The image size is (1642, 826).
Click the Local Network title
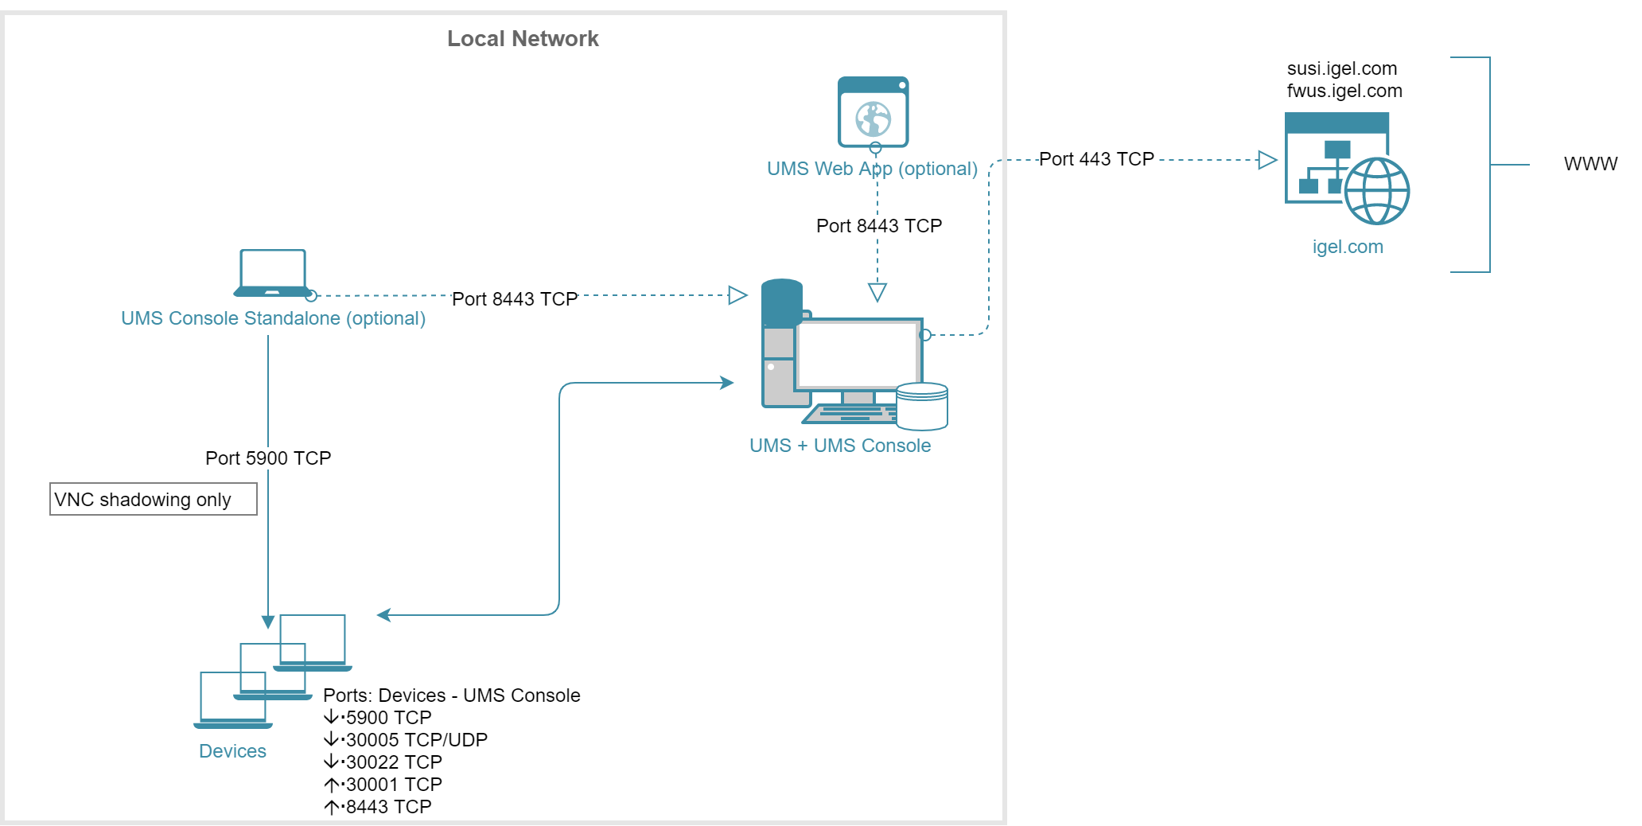click(523, 38)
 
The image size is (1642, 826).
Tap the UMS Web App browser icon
click(873, 112)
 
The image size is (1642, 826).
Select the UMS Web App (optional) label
click(872, 169)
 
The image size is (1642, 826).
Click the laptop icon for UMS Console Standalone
click(273, 273)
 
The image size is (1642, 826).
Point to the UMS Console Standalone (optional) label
click(273, 318)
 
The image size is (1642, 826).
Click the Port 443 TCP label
click(1096, 159)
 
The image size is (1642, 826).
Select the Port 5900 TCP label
click(268, 458)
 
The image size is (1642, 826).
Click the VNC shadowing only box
click(153, 499)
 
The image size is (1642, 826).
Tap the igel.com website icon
click(1346, 168)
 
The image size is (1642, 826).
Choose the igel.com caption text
click(1348, 247)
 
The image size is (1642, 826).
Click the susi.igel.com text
click(1342, 68)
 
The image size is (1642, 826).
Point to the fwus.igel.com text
click(1344, 91)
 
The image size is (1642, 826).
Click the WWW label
click(1590, 164)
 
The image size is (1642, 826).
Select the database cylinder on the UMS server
click(921, 406)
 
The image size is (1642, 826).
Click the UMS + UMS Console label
click(840, 446)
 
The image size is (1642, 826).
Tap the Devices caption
click(232, 751)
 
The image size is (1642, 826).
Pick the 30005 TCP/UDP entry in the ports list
click(416, 740)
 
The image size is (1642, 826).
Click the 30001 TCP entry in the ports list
click(394, 785)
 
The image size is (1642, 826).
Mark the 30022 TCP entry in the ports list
click(394, 762)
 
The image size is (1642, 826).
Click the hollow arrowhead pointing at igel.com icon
click(1267, 160)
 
